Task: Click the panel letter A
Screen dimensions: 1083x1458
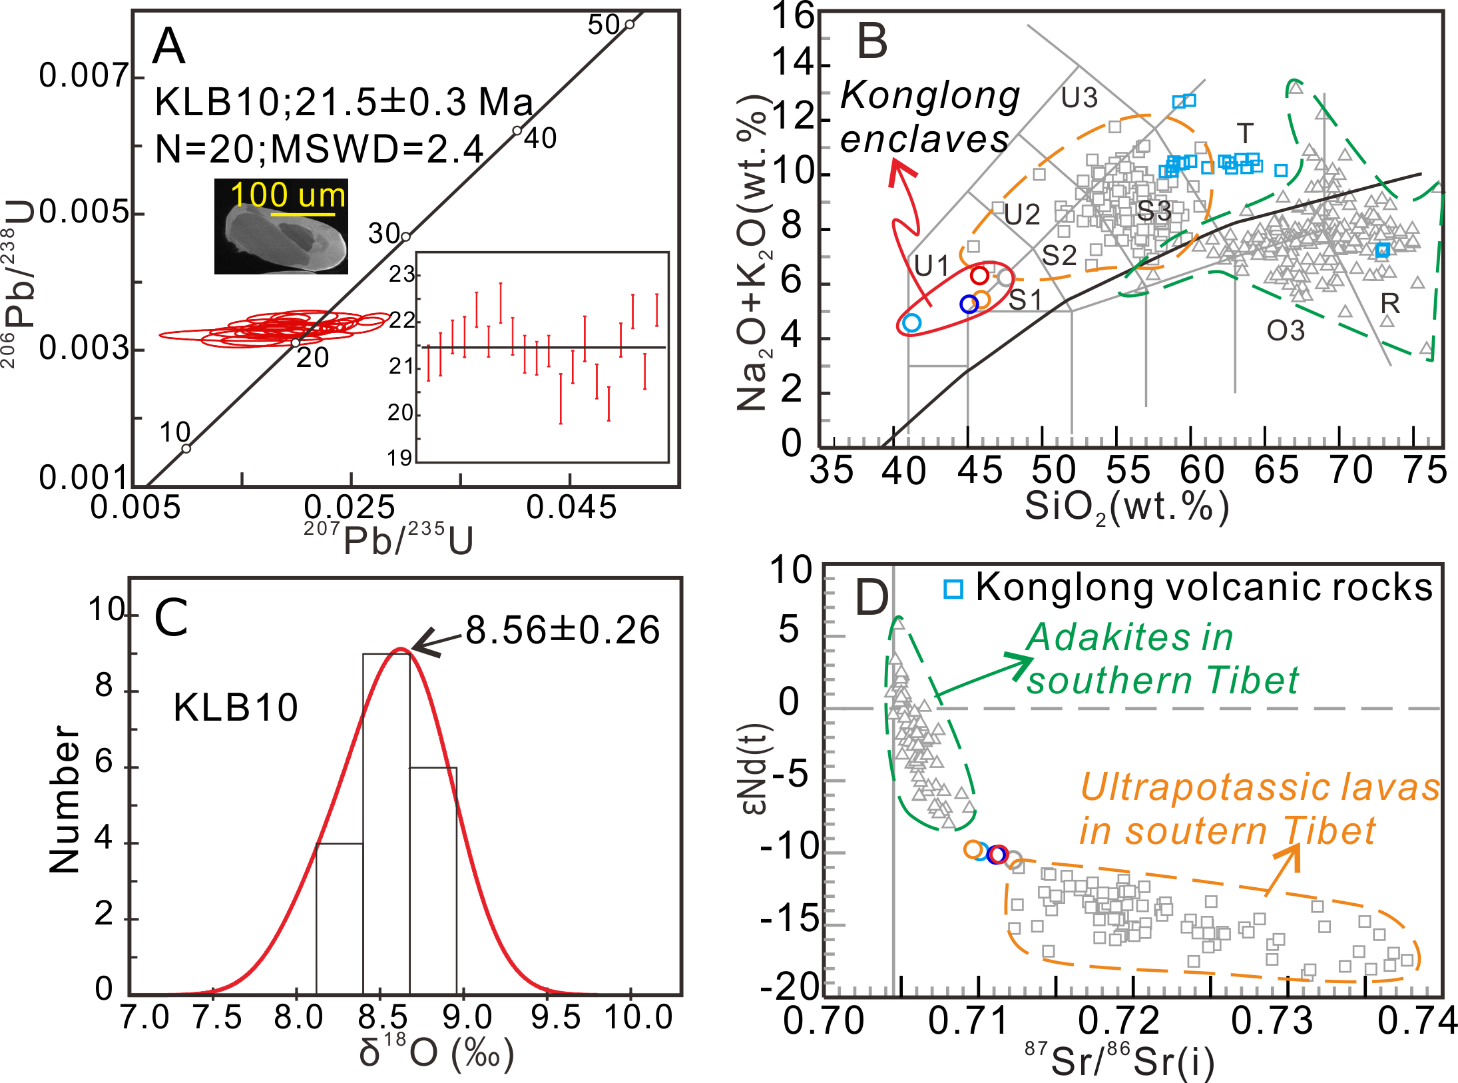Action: pyautogui.click(x=168, y=47)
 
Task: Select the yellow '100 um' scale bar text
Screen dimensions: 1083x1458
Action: pyautogui.click(x=288, y=196)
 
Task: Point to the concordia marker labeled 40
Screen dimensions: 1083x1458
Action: pyautogui.click(x=517, y=131)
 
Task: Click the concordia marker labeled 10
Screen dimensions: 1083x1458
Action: pyautogui.click(x=186, y=448)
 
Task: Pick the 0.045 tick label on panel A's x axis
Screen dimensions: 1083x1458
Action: pyautogui.click(x=571, y=508)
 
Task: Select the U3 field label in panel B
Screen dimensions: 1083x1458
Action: pyautogui.click(x=1079, y=99)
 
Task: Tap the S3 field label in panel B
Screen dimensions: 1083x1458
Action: pyautogui.click(x=1154, y=211)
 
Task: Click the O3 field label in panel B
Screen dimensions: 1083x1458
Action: pyautogui.click(x=1286, y=331)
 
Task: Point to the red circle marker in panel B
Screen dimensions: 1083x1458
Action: pyautogui.click(x=979, y=275)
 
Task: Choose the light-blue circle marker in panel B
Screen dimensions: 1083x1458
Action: pyautogui.click(x=912, y=323)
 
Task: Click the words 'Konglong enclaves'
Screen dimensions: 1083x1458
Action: pyautogui.click(x=929, y=118)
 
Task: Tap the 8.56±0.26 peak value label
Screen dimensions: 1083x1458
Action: pyautogui.click(x=563, y=630)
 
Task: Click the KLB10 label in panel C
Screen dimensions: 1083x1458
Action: pyautogui.click(x=236, y=707)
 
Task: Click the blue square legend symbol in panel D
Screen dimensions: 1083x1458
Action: pyautogui.click(x=953, y=589)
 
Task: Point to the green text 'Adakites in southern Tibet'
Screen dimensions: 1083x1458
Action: pyautogui.click(x=1162, y=659)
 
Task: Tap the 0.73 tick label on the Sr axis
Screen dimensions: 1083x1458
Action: pyautogui.click(x=1272, y=1021)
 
